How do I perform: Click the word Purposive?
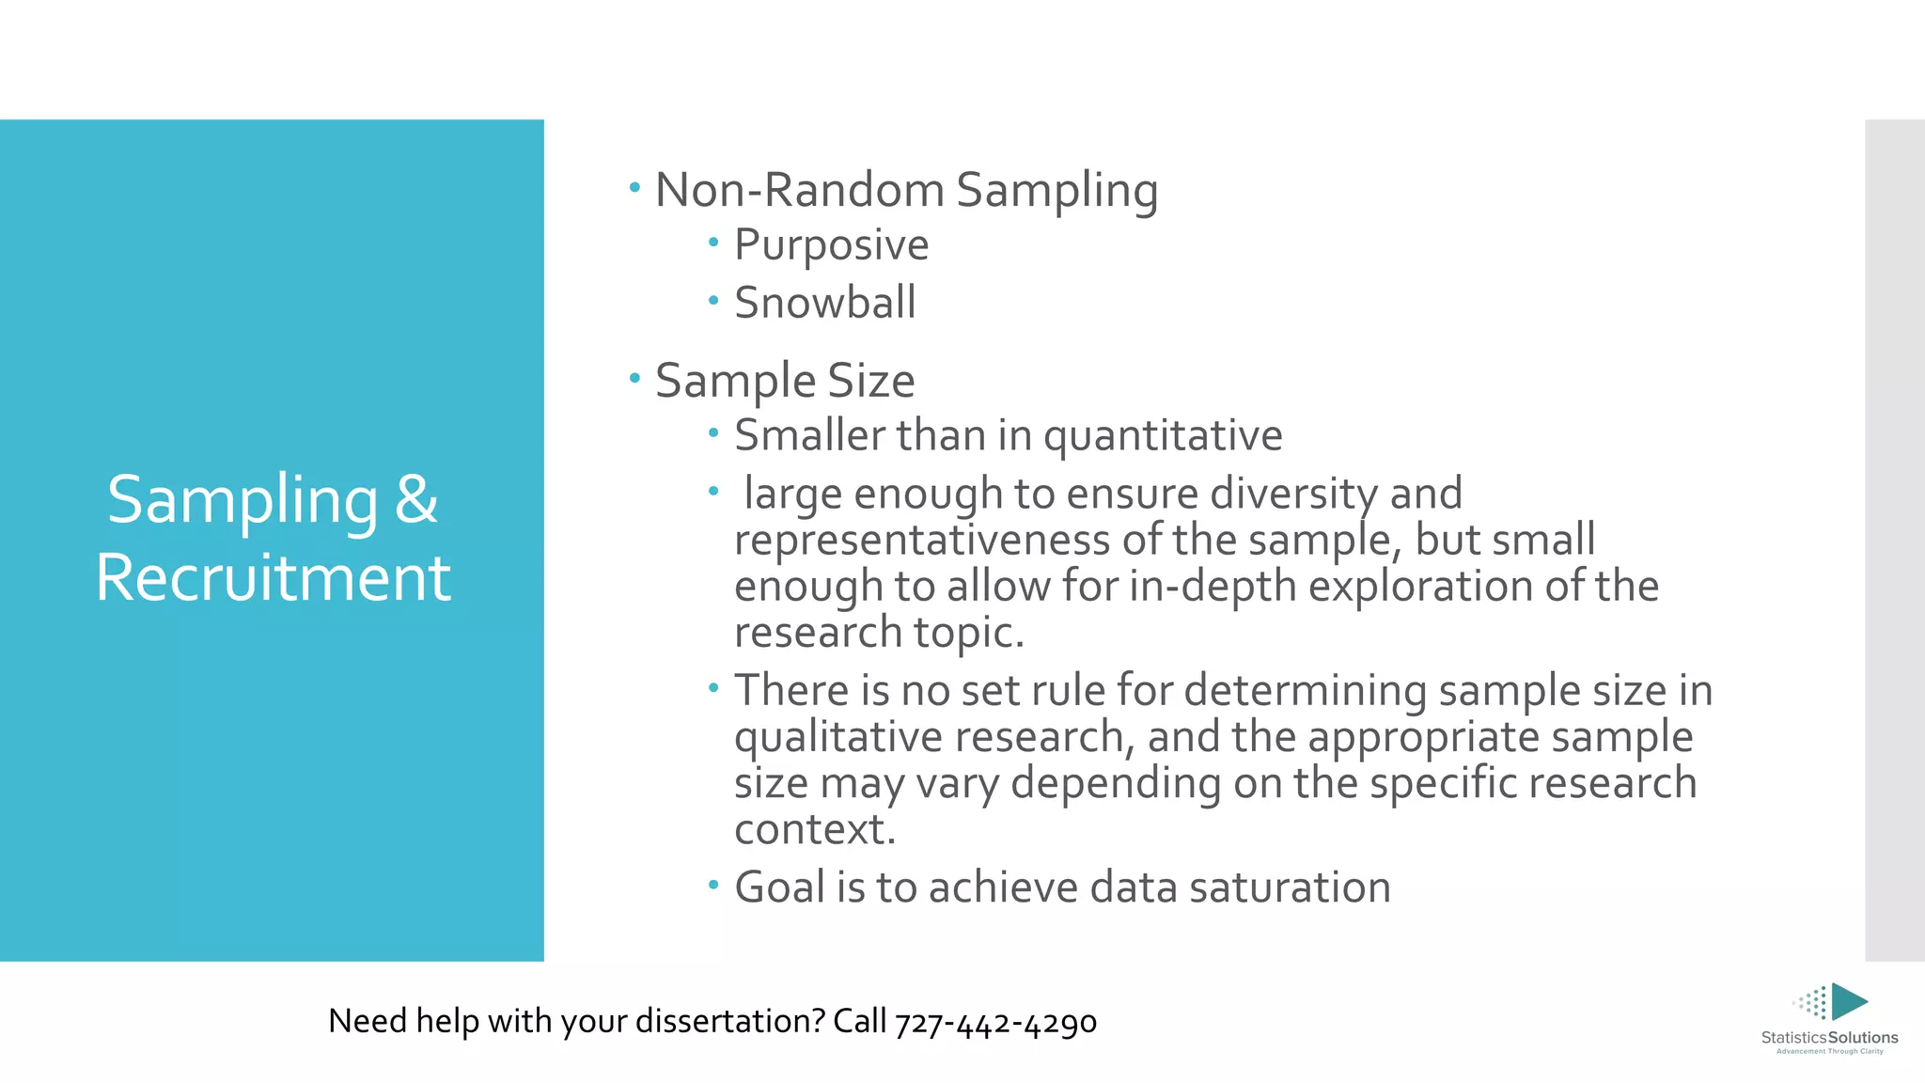pyautogui.click(x=831, y=246)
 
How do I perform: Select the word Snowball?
pyautogui.click(x=824, y=303)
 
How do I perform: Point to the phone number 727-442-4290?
pyautogui.click(x=995, y=1023)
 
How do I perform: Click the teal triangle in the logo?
pyautogui.click(x=1847, y=1001)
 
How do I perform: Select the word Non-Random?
pyautogui.click(x=799, y=190)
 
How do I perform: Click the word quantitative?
pyautogui.click(x=1162, y=436)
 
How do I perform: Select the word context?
pyautogui.click(x=813, y=830)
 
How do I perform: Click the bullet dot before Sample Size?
pyautogui.click(x=634, y=378)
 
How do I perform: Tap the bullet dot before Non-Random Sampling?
pyautogui.click(x=634, y=187)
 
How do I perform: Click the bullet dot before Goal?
pyautogui.click(x=713, y=885)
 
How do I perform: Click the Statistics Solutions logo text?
pyautogui.click(x=1829, y=1038)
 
